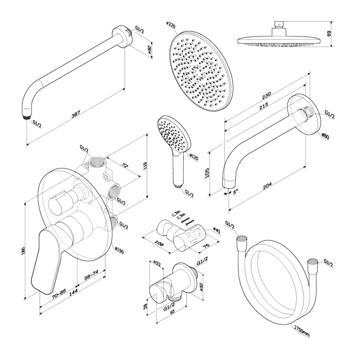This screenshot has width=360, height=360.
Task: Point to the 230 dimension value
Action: (267, 96)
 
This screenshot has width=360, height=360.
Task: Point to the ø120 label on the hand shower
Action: (194, 157)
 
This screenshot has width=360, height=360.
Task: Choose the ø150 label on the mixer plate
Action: (119, 249)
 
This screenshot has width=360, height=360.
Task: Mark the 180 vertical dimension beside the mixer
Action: (24, 255)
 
